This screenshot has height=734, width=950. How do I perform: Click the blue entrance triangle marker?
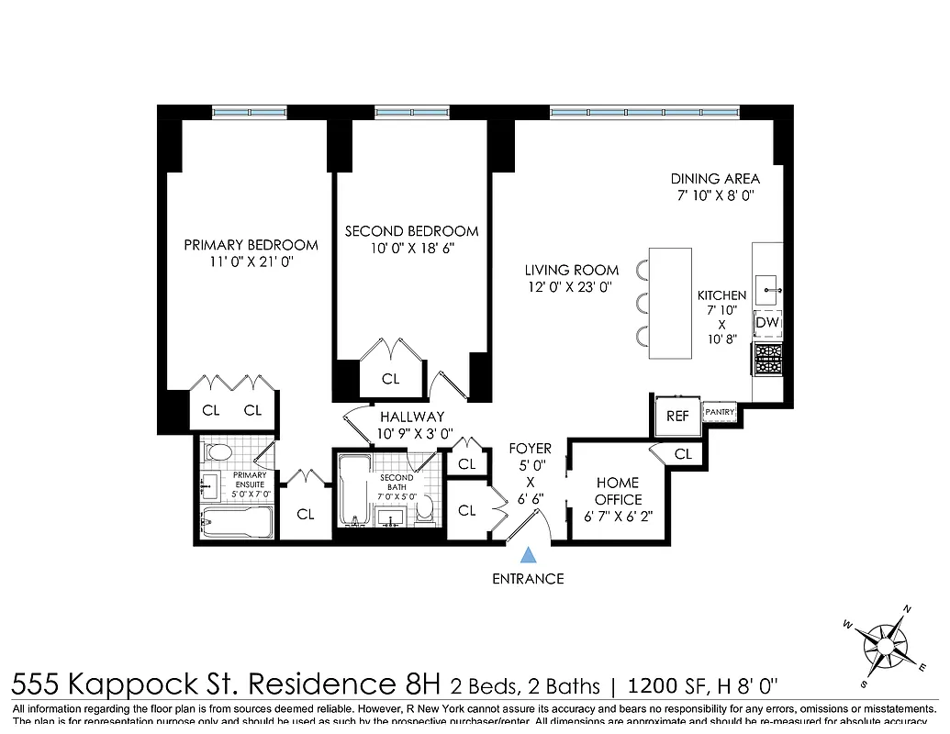click(528, 554)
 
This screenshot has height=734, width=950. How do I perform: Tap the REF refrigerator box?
click(677, 416)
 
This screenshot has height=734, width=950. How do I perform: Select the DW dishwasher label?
click(767, 323)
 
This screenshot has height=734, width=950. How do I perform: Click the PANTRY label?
click(721, 412)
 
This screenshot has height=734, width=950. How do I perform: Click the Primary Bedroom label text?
click(251, 245)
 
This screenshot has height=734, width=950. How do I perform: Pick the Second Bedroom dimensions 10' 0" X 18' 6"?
click(411, 249)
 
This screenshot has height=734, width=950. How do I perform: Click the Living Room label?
click(572, 270)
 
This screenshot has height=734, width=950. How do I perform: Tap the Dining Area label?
click(715, 179)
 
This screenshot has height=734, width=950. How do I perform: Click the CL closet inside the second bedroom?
click(390, 378)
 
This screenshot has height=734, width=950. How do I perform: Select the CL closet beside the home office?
click(683, 453)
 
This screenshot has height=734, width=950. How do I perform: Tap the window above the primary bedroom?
click(250, 112)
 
